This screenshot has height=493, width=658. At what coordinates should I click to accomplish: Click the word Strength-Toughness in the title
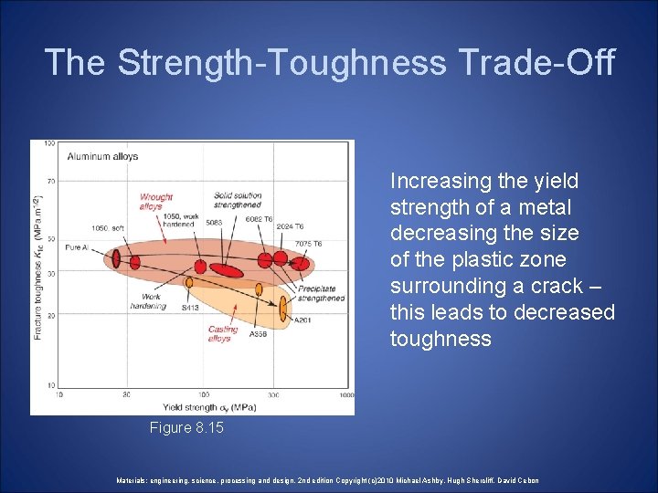(281, 62)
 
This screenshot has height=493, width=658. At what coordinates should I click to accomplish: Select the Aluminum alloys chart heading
(102, 156)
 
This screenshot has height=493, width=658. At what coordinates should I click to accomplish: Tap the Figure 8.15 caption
(185, 428)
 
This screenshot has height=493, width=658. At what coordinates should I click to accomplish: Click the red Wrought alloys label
(156, 202)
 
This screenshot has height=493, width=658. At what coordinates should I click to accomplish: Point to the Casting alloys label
(222, 333)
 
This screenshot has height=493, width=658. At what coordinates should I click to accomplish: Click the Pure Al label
(77, 247)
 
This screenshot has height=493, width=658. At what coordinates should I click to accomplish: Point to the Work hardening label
(154, 301)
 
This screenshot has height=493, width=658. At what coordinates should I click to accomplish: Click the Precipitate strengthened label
(321, 293)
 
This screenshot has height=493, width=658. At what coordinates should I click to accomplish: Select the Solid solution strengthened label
(238, 200)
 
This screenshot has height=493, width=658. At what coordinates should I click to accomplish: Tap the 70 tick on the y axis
(50, 181)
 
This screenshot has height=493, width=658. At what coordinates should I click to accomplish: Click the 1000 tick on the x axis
(345, 394)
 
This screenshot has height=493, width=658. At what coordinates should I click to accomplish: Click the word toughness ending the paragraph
(440, 340)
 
